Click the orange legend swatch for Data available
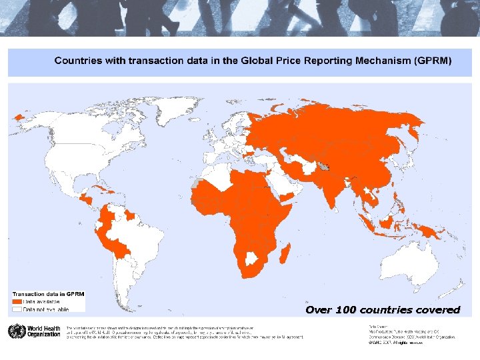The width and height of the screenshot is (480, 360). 17,301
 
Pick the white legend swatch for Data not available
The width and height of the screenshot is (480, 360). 17,309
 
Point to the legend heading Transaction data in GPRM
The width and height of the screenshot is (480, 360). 48,294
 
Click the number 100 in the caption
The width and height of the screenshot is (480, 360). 345,310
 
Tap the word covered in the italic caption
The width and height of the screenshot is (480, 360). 437,310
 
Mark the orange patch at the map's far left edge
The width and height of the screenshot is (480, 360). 19,116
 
